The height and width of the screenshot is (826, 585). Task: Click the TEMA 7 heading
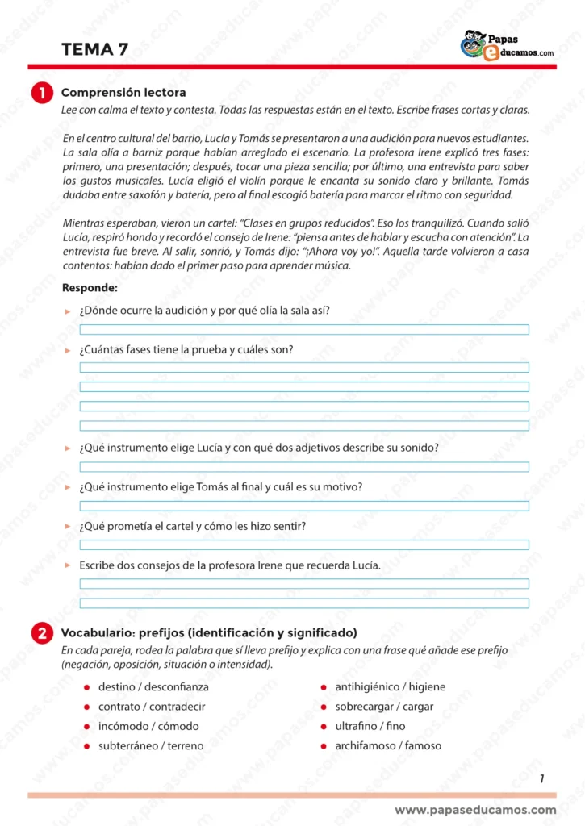94,49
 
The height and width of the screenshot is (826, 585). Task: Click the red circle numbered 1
41,94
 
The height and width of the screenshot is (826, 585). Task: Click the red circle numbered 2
41,633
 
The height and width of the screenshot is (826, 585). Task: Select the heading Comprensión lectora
123,93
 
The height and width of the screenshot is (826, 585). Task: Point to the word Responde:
90,287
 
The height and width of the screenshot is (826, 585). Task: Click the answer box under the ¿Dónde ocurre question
304,329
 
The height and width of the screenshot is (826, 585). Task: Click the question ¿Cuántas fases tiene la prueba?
186,349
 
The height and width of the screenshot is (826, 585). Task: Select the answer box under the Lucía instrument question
304,467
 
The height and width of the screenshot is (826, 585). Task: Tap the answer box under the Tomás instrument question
304,506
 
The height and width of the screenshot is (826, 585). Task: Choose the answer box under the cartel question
304,544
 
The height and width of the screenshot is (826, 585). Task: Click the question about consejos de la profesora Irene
229,565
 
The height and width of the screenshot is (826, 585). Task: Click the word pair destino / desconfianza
153,687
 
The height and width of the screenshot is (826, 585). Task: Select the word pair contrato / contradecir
152,707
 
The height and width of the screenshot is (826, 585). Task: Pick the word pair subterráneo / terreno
151,746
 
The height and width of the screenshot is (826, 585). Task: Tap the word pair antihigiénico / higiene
390,687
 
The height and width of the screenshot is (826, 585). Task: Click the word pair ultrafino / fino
370,726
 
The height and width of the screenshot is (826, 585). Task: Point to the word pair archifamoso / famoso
388,746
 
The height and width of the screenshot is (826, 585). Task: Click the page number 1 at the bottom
541,778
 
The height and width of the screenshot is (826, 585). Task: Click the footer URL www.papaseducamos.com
475,810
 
